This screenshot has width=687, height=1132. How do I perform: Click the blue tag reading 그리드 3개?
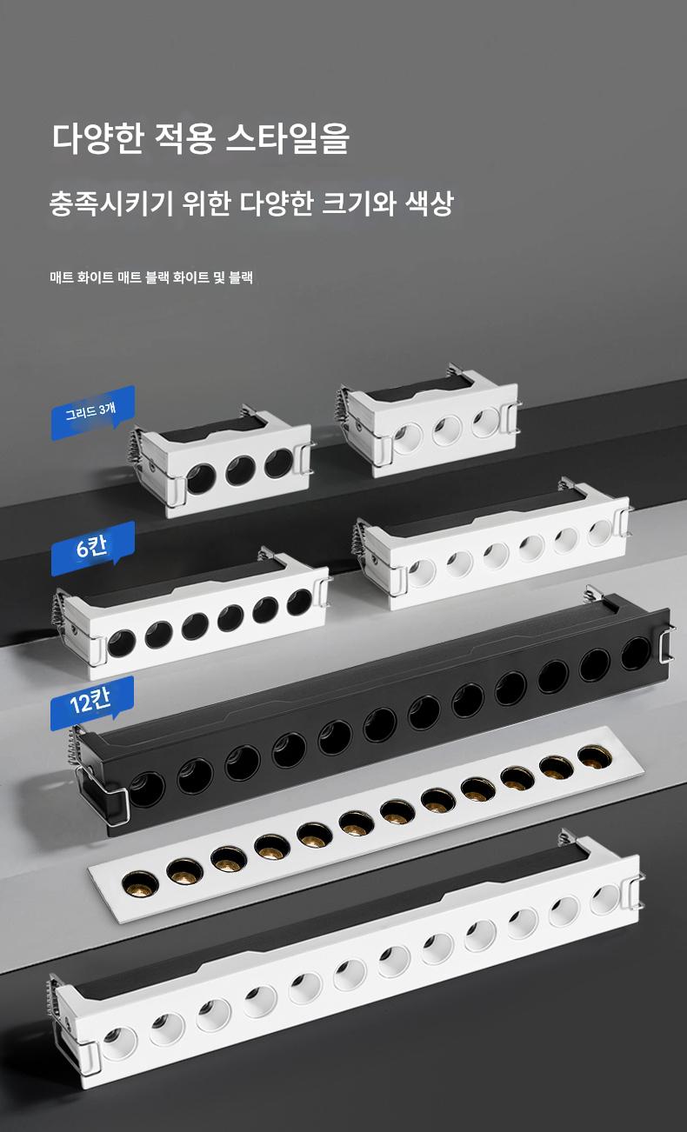[x=92, y=412]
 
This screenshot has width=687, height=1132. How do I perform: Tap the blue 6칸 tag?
[x=92, y=549]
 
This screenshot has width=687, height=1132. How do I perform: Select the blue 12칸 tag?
[x=92, y=703]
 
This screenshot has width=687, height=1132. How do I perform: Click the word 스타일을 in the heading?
[x=287, y=137]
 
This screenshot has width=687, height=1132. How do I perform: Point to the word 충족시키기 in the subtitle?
[x=111, y=203]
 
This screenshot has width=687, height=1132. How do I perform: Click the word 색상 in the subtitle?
[x=430, y=203]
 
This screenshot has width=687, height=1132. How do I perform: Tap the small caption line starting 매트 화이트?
[x=151, y=277]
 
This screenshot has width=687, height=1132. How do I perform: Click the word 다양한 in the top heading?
[x=98, y=137]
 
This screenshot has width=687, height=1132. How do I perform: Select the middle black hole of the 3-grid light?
[x=241, y=470]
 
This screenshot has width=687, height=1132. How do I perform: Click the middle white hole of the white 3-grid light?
[x=447, y=430]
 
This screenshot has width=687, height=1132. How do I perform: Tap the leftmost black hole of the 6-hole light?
[x=122, y=642]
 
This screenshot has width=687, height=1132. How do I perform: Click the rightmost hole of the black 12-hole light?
[x=636, y=654]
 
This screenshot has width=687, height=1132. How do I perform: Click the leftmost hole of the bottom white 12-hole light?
[x=120, y=1042]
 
